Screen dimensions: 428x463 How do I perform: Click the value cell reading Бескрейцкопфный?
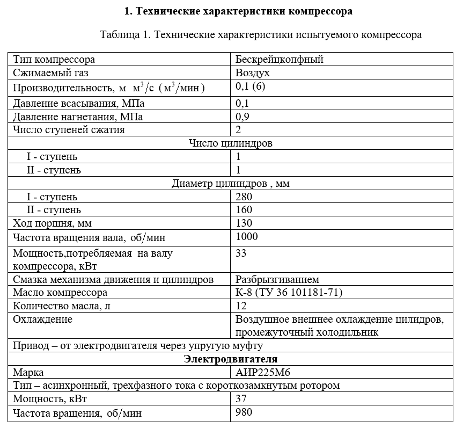coord(279,60)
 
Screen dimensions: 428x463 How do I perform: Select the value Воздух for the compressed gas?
coord(253,73)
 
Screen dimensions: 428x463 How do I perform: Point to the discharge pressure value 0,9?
coord(242,116)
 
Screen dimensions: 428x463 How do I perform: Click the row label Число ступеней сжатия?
coord(69,129)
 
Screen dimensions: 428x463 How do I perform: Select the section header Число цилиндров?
coord(231,143)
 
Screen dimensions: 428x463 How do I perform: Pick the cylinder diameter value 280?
coord(244,197)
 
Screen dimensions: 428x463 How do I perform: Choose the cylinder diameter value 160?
coord(244,209)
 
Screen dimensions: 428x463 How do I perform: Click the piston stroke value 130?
coord(244,223)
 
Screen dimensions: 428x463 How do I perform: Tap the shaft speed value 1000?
coord(247,237)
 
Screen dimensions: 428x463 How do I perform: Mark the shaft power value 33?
coord(241,253)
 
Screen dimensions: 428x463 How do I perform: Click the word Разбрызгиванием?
coord(277,279)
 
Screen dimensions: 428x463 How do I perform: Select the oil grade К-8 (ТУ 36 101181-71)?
coord(289,293)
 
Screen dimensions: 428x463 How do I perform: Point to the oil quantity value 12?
coord(241,306)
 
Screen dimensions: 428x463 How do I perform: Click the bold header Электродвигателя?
coord(231,359)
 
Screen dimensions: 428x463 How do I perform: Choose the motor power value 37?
coord(241,399)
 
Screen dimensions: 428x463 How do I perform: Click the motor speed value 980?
coord(244,412)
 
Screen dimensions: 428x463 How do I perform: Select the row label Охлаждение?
coord(43,320)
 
